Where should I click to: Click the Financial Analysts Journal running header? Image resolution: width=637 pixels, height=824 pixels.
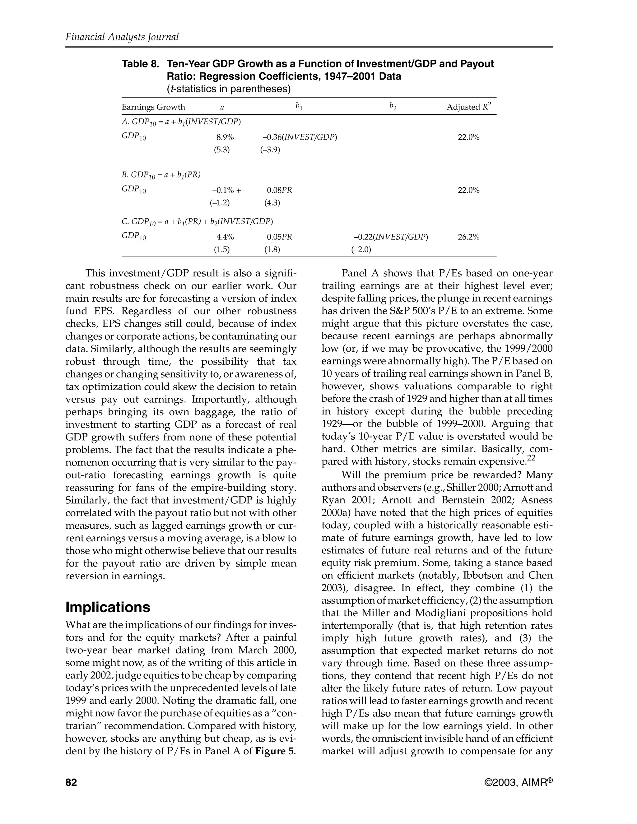click(x=122, y=37)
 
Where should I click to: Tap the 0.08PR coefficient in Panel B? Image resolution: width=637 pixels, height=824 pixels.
click(x=279, y=190)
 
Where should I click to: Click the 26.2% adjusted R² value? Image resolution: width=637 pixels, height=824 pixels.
click(x=468, y=237)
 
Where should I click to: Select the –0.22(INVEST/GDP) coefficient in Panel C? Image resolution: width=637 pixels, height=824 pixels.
click(x=391, y=237)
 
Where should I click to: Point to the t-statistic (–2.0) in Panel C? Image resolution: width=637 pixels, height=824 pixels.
click(x=361, y=249)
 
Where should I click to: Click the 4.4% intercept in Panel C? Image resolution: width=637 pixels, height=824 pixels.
click(x=225, y=237)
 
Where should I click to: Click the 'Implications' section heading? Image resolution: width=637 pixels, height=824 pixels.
click(x=108, y=608)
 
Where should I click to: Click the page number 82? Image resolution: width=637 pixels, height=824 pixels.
click(x=71, y=783)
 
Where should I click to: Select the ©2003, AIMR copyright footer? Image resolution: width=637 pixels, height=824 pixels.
click(x=518, y=783)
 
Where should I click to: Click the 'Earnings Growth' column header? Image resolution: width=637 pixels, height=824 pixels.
click(x=153, y=107)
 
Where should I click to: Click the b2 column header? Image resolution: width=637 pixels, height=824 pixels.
click(x=393, y=107)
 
